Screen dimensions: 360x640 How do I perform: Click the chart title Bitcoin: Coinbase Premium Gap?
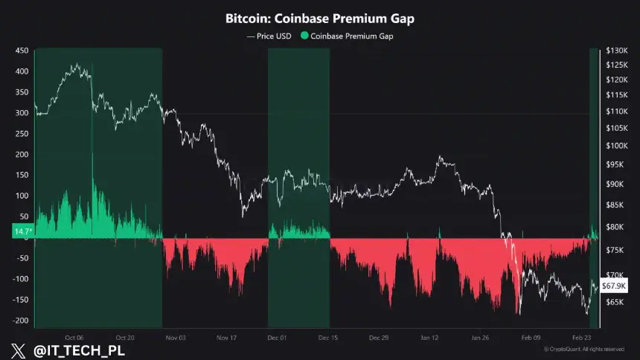(320, 17)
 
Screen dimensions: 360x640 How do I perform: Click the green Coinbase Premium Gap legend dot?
(304, 36)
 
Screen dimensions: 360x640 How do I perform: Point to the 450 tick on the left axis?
(22, 51)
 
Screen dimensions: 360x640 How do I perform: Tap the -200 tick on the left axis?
(20, 321)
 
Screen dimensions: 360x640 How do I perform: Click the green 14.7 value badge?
(22, 232)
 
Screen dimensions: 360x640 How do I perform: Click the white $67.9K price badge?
(615, 285)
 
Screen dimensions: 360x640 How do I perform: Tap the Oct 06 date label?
(74, 337)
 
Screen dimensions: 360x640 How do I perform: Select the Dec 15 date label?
(329, 337)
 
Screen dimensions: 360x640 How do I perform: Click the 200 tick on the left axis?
(22, 155)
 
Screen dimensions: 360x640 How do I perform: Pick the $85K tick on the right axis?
(617, 205)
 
